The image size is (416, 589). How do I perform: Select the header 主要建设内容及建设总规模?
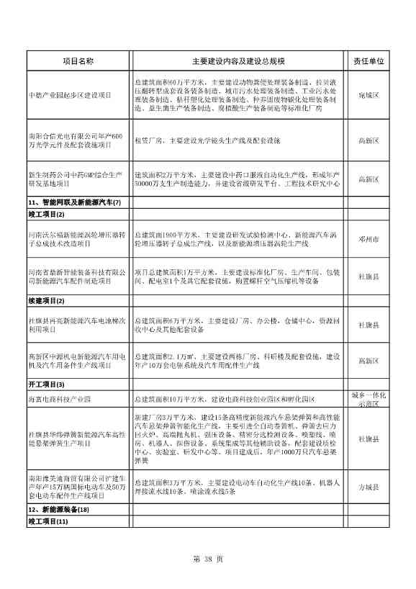click(x=238, y=63)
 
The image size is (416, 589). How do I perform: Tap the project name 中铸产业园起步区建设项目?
click(x=69, y=95)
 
